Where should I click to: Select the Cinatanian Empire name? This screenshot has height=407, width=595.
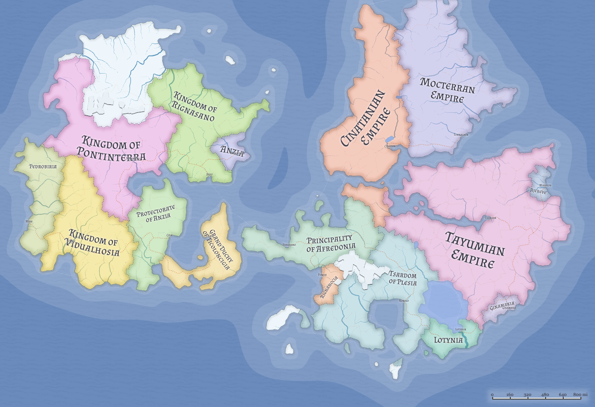tap(366, 118)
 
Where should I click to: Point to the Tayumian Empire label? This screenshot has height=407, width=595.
tap(474, 249)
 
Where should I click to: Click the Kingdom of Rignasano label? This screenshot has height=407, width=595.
tap(195, 106)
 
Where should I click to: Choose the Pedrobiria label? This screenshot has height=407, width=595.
tap(43, 166)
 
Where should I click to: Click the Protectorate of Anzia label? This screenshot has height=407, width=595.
tap(155, 214)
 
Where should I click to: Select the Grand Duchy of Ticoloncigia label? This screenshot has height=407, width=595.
tap(219, 249)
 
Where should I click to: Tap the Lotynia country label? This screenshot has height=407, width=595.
tap(449, 340)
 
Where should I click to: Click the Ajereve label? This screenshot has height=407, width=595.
tap(539, 192)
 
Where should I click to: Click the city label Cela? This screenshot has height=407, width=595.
tap(169, 235)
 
